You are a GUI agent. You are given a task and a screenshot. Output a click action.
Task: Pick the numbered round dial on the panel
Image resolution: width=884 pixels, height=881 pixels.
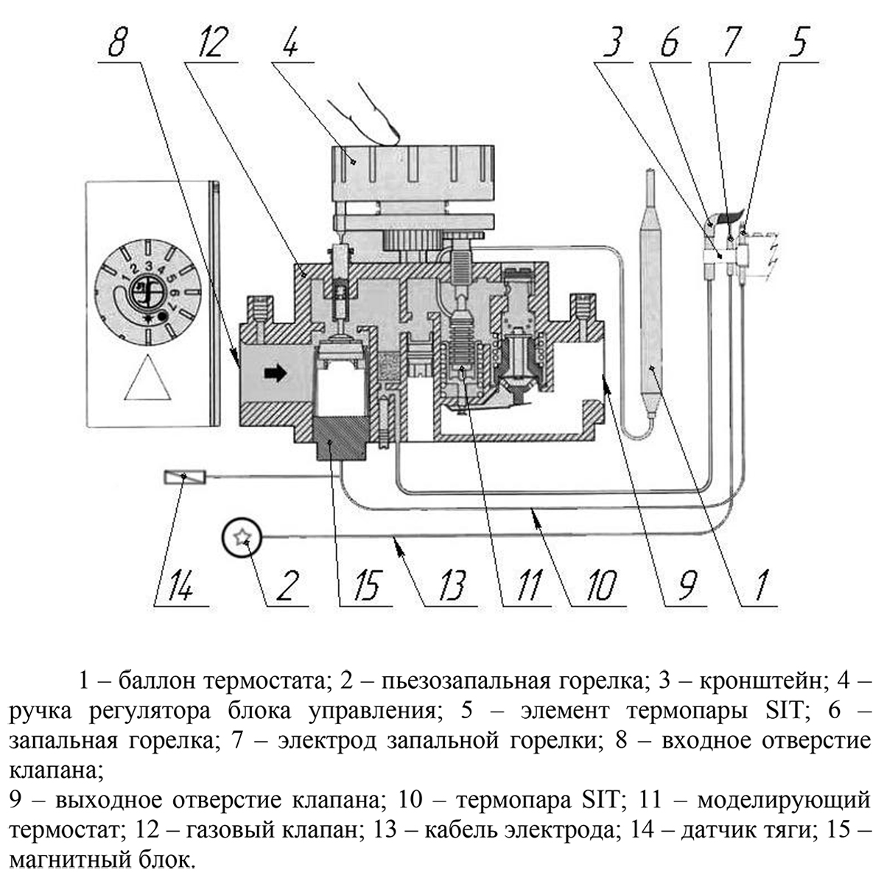(147, 288)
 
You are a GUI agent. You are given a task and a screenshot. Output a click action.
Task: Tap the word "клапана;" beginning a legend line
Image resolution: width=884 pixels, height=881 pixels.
(55, 771)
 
